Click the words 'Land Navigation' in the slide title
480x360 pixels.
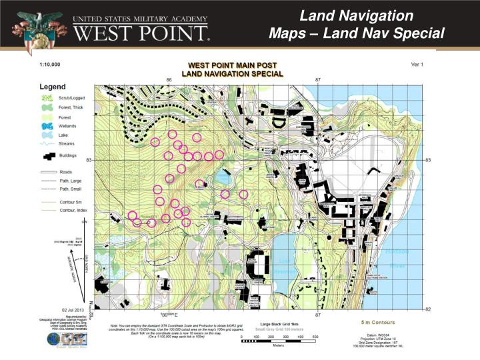point(356,15)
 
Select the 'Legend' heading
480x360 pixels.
point(53,87)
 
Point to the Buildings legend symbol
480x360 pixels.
point(49,155)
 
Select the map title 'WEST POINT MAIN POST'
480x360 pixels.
point(232,65)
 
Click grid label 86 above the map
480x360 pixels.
point(169,80)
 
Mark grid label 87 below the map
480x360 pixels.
point(318,314)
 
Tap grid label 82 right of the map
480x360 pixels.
point(428,309)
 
